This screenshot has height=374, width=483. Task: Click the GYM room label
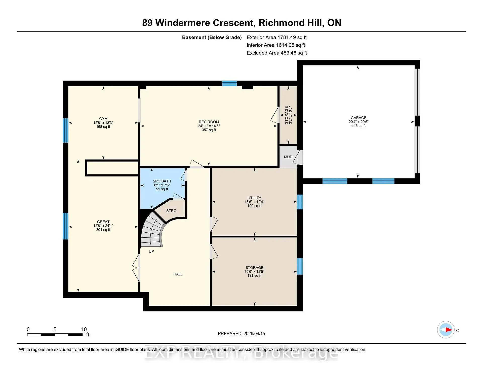[103, 119]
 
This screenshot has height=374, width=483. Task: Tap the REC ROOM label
[209, 122]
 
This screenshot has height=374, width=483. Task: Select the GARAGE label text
[358, 118]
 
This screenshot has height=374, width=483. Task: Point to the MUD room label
[288, 157]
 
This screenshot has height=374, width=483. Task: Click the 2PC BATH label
[162, 181]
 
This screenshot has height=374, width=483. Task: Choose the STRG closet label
[171, 211]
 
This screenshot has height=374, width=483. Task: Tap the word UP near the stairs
[151, 251]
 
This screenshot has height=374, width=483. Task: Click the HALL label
[178, 274]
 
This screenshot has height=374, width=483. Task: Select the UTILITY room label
[254, 198]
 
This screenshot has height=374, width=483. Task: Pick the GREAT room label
[103, 222]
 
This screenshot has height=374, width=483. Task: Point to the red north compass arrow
[449, 330]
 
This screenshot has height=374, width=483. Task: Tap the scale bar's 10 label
[84, 329]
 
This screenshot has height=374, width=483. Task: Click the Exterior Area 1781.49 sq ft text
[276, 37]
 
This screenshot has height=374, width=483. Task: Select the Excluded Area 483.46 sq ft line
[277, 53]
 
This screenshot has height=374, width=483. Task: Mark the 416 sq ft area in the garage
[358, 126]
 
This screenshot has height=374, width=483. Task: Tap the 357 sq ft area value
[209, 130]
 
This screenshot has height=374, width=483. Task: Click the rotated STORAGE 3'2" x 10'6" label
[288, 115]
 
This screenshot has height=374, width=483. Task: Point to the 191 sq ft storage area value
[254, 276]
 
